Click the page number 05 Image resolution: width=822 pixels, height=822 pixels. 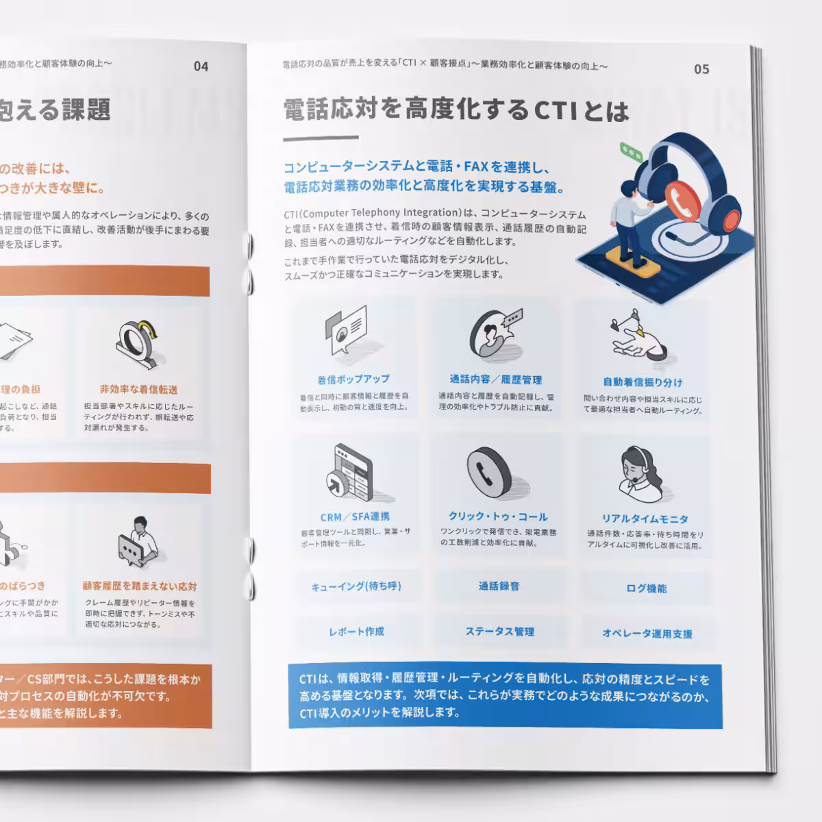click(701, 69)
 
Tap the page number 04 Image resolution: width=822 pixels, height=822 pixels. click(201, 66)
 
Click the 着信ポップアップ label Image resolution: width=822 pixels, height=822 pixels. click(353, 379)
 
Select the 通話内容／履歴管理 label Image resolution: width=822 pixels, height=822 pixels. click(496, 379)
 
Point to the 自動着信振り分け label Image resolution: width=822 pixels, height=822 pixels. click(643, 382)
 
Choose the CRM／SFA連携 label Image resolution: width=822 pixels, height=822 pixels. click(355, 516)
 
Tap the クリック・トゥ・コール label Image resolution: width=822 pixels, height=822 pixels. click(498, 516)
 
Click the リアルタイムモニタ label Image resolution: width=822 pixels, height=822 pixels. click(645, 519)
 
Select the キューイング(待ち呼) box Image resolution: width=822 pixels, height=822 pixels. click(356, 586)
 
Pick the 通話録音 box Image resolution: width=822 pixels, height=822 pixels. click(499, 586)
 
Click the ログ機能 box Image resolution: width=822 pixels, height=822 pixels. click(646, 588)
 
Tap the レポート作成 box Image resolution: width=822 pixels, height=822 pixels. click(356, 632)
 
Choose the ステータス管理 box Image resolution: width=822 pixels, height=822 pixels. click(499, 632)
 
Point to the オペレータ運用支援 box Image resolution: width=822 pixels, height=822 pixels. click(647, 634)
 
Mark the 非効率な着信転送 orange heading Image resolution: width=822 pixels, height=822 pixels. click(138, 389)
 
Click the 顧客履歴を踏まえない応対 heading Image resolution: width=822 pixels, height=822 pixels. click(139, 586)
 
